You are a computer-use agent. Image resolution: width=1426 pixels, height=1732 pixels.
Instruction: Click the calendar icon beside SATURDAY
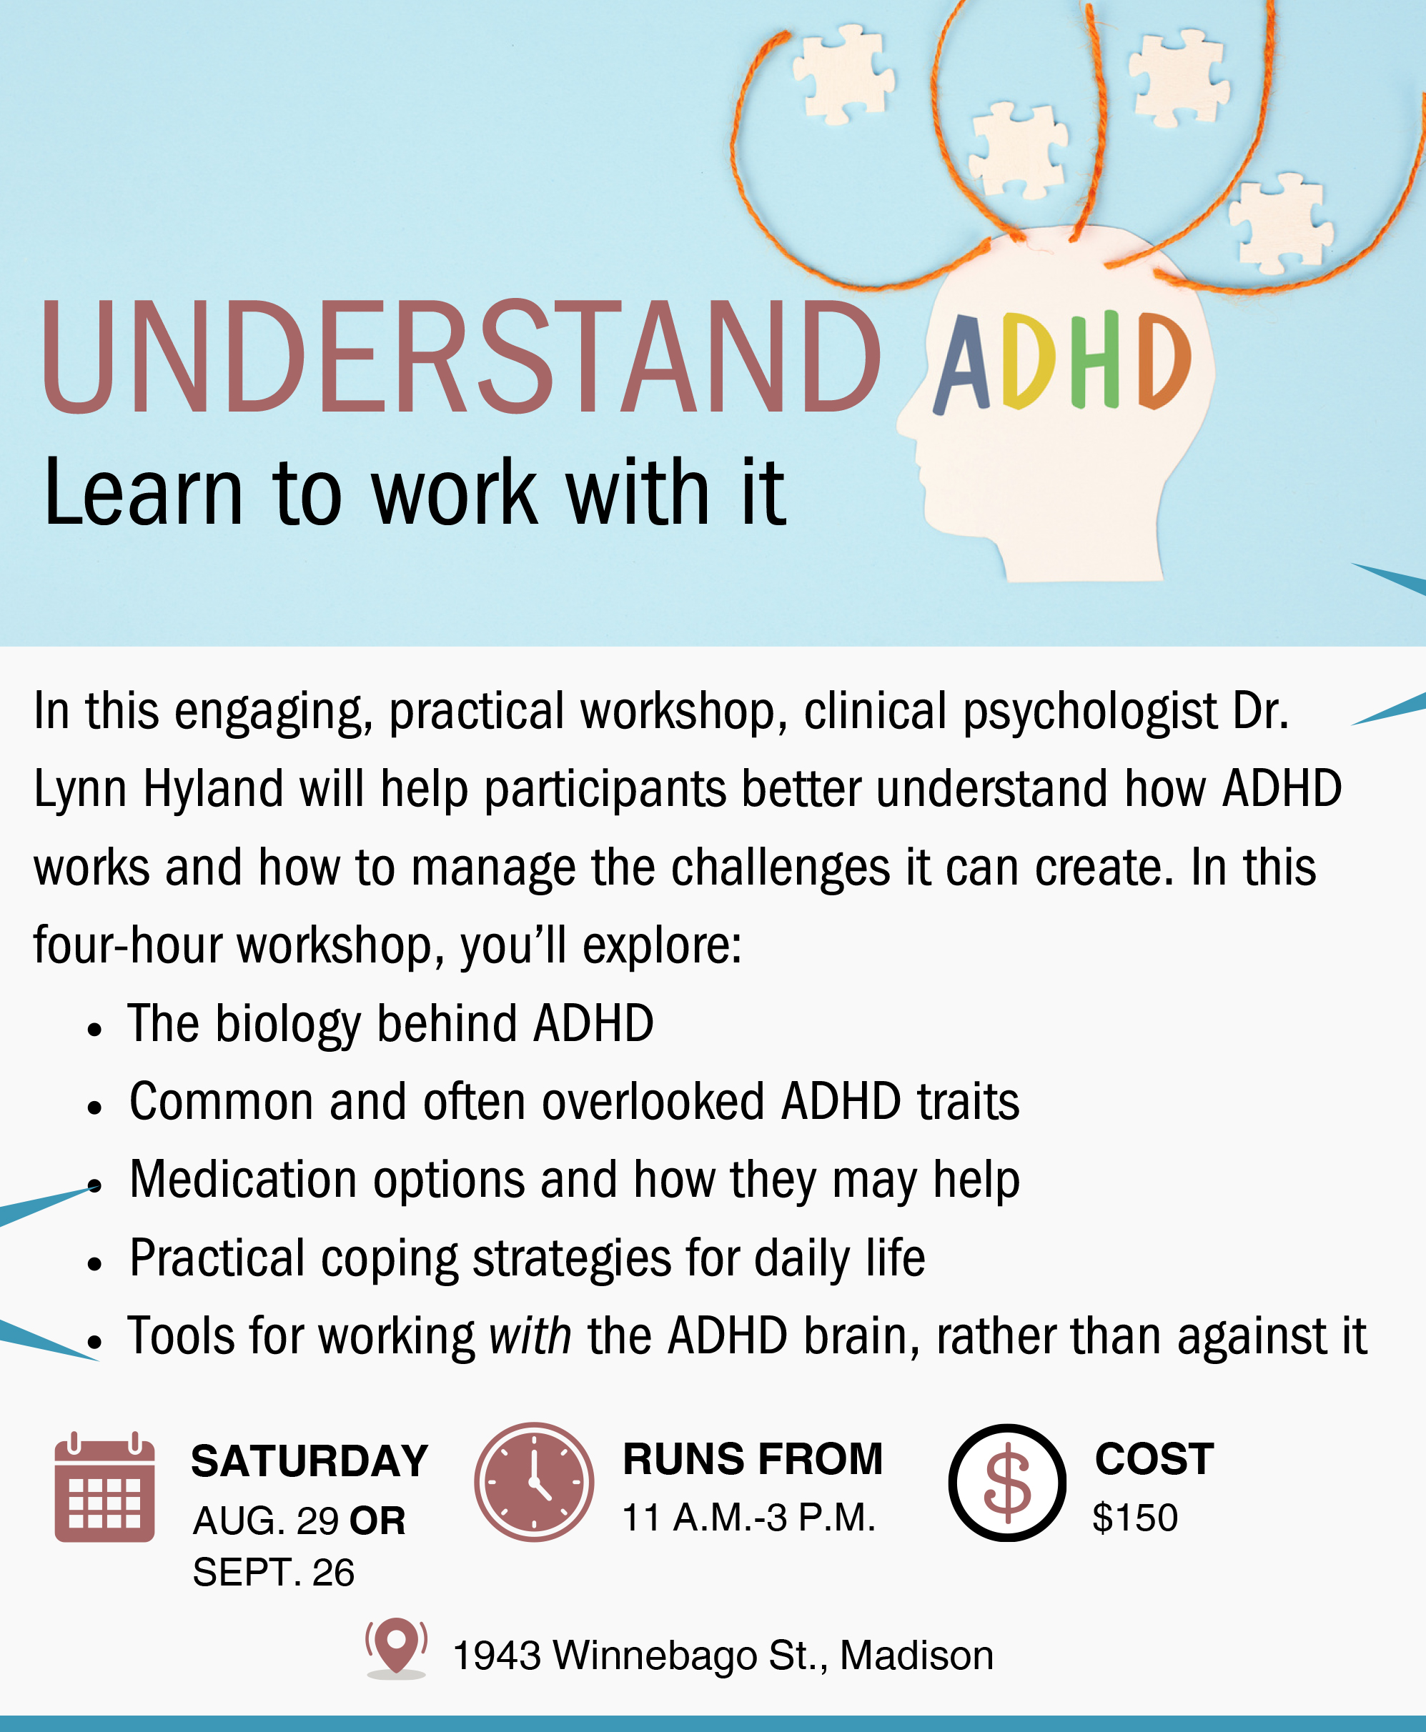coord(104,1486)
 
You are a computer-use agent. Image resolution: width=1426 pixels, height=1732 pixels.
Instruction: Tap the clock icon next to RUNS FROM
coord(534,1483)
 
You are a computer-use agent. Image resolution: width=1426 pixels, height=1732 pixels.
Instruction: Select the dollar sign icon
coord(1007,1483)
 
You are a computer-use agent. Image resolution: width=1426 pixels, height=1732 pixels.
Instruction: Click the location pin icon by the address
coord(397,1648)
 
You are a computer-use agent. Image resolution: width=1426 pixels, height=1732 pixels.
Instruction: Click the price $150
coord(1135,1518)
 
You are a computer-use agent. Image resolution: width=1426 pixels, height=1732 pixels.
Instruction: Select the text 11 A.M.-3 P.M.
coord(749,1518)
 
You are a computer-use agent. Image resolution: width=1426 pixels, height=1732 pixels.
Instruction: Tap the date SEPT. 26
coord(274,1573)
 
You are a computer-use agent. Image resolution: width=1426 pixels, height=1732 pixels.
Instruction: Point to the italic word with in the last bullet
coord(530,1336)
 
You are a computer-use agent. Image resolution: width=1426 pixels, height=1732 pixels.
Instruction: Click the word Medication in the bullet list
coord(243,1180)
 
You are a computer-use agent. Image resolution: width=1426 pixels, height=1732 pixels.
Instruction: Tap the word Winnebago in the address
coord(655,1656)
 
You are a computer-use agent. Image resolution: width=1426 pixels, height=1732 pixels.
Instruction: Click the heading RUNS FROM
coord(753,1459)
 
